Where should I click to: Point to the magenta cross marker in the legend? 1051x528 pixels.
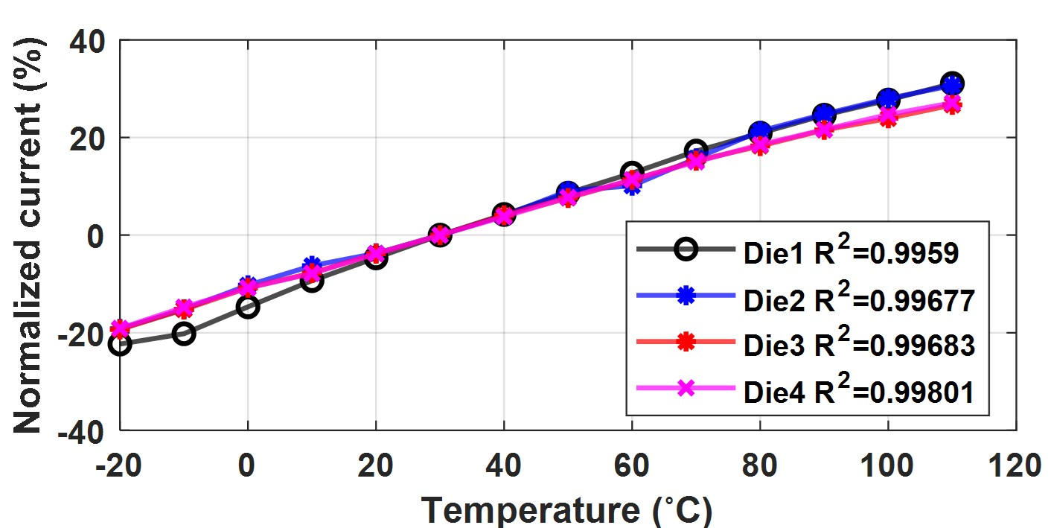[687, 388]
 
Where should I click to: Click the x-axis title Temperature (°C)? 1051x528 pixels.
[567, 510]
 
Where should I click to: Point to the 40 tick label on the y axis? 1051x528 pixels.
[87, 40]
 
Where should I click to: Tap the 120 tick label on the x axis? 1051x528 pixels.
[1016, 465]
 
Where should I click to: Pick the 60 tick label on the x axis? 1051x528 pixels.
[631, 465]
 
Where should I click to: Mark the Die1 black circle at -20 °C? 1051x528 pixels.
[120, 344]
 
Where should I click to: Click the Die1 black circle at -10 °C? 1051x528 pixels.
[184, 333]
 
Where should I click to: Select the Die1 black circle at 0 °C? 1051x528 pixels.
[248, 306]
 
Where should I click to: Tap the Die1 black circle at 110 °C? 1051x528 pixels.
[952, 83]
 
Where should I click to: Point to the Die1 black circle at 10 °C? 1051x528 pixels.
[312, 281]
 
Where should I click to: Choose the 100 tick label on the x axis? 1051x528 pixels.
[887, 465]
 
